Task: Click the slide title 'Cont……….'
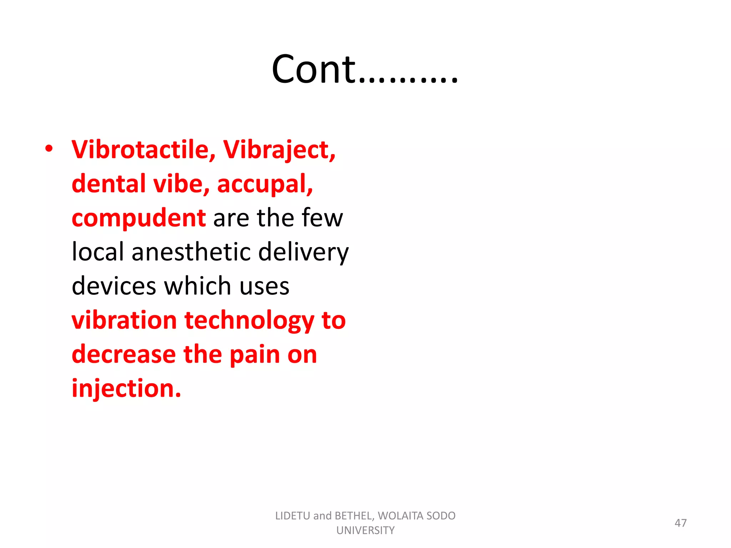[365, 69]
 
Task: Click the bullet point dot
[49, 148]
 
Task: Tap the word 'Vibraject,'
[279, 150]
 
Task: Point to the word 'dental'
[109, 183]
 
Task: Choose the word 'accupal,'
[265, 184]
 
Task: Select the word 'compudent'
[138, 218]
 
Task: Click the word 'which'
[197, 286]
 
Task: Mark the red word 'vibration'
[124, 320]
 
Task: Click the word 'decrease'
[124, 354]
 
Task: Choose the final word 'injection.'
[126, 389]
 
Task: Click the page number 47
[680, 523]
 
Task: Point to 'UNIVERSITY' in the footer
[365, 531]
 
